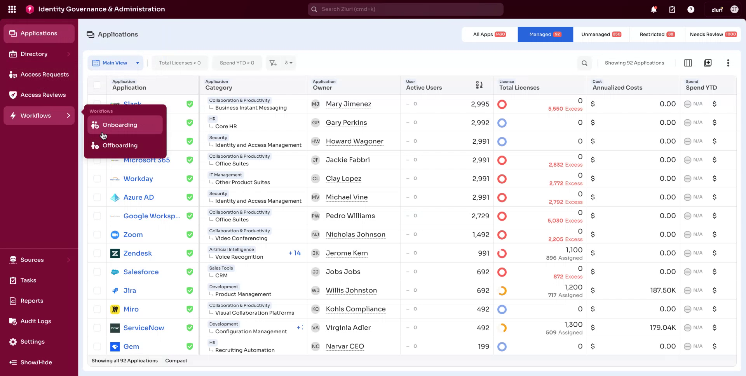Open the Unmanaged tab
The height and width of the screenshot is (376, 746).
point(601,34)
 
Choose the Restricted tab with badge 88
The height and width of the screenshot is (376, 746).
point(657,34)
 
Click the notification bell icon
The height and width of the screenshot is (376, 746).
point(654,9)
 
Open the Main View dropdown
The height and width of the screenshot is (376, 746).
point(115,63)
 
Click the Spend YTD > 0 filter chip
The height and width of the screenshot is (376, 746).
point(237,63)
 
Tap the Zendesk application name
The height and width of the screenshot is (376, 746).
point(138,253)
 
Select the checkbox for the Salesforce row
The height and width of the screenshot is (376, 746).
point(97,272)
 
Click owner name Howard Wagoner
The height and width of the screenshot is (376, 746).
point(354,141)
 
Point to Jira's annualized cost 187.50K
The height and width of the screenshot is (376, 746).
point(663,291)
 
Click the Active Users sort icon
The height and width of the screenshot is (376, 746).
point(479,85)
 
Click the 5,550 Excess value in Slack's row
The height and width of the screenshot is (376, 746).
point(565,109)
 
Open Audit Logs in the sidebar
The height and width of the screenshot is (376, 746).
point(36,321)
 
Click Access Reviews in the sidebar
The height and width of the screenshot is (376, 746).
point(43,95)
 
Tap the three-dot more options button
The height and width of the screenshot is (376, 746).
point(728,63)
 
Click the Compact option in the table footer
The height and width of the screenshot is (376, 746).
point(176,361)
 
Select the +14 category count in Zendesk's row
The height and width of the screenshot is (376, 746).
point(294,253)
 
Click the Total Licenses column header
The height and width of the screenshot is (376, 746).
point(519,88)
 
